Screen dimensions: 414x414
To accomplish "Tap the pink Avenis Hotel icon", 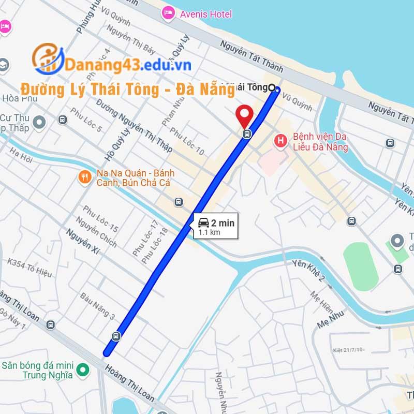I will tap(168, 13).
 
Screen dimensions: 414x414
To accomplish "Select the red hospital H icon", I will tap(280, 140).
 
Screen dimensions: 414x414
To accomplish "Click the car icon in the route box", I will tap(203, 223).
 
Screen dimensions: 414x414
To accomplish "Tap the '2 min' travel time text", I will tap(223, 223).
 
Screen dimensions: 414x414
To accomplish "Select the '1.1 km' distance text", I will tap(210, 233).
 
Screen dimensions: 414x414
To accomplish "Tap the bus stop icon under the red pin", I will tap(247, 134).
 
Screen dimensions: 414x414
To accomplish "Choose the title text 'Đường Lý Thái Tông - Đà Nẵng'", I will tap(127, 89).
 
